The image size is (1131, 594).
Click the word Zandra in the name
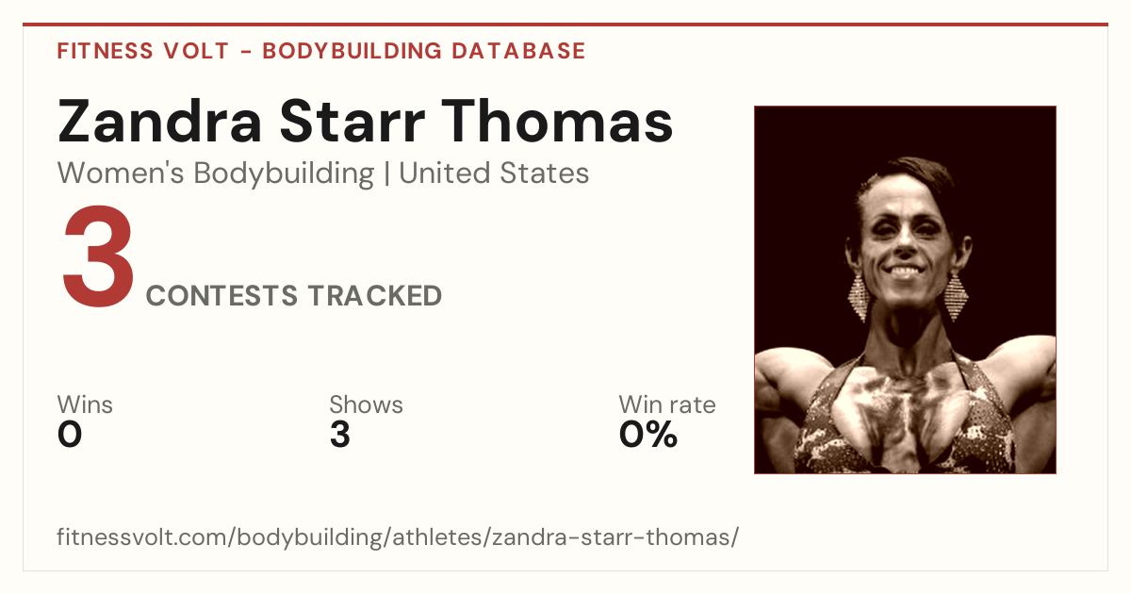[x=159, y=122]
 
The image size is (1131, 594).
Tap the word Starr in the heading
[x=352, y=122]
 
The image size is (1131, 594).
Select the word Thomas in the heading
[x=557, y=121]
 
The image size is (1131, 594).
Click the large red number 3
[x=98, y=256]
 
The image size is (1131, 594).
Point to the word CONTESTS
[x=221, y=295]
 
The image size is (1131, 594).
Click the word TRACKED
[x=375, y=295]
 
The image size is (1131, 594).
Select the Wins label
[x=85, y=404]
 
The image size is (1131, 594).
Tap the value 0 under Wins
[x=70, y=435]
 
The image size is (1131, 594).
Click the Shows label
[x=366, y=404]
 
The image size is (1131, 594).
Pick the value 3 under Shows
[x=340, y=435]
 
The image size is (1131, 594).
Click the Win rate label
[x=667, y=404]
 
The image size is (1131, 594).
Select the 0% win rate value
[x=647, y=435]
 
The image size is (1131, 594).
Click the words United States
[x=494, y=173]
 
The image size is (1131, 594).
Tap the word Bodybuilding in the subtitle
[x=284, y=173]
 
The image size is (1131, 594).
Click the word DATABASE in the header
[x=518, y=51]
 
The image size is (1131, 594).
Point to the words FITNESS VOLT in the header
[x=143, y=51]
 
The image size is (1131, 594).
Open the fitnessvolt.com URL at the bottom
[x=398, y=536]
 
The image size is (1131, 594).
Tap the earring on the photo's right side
[x=956, y=296]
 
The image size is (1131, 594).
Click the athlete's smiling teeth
[x=906, y=272]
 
